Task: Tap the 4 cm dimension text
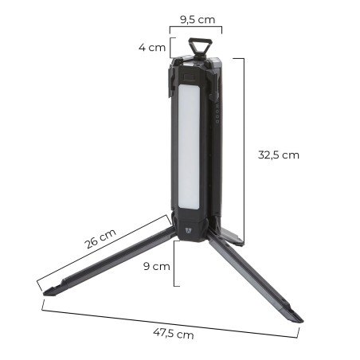pyautogui.click(x=152, y=48)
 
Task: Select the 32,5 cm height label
pyautogui.click(x=279, y=155)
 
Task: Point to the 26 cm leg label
pyautogui.click(x=100, y=239)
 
